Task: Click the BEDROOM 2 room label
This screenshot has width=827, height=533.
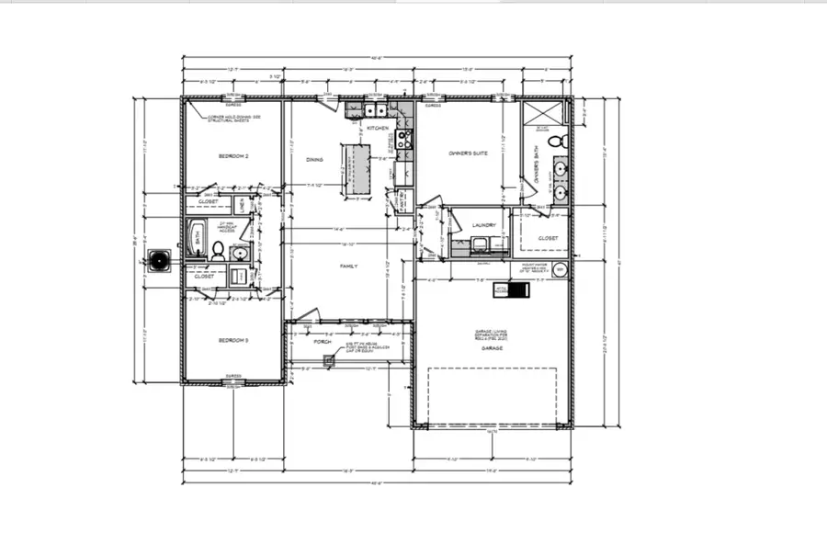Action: (233, 157)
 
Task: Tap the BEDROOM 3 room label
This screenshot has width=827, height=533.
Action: (233, 341)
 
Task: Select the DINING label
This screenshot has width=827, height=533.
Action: (314, 160)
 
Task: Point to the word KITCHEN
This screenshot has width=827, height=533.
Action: (378, 129)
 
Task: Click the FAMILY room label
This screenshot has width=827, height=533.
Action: (348, 266)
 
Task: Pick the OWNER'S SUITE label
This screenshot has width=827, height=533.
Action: (468, 153)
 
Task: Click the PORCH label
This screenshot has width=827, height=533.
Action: (322, 342)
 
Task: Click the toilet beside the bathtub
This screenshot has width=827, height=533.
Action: (219, 248)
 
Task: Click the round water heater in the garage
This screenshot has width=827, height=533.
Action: (561, 270)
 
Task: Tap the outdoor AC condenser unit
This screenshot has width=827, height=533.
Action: (162, 260)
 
